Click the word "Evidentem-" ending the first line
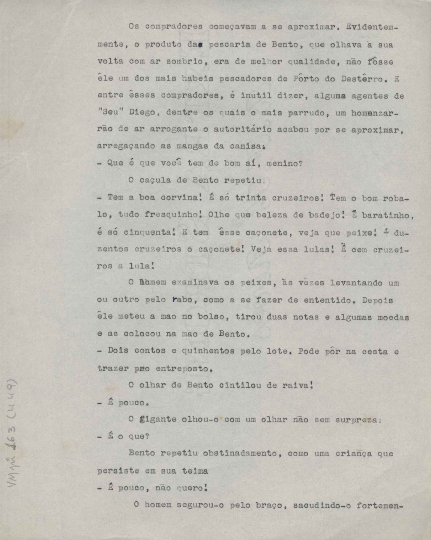pyautogui.click(x=371, y=27)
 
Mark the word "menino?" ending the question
pyautogui.click(x=284, y=163)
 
